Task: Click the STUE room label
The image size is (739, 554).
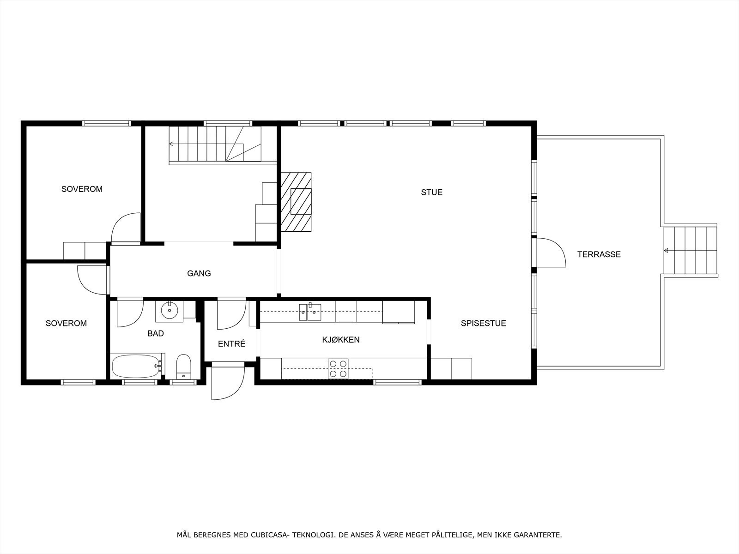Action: tap(431, 193)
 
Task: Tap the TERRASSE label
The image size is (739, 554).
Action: tap(599, 254)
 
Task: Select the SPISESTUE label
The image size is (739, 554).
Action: tap(483, 323)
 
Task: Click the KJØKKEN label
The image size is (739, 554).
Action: tap(341, 340)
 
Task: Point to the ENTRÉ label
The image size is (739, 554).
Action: tap(231, 344)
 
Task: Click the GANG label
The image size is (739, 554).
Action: tap(199, 273)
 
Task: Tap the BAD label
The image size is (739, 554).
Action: tap(156, 333)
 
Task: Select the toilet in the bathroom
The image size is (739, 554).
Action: tap(183, 367)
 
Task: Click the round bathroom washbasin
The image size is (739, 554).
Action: tap(170, 310)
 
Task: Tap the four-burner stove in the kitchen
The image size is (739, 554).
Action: tap(338, 368)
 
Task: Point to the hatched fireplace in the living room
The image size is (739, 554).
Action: tap(296, 202)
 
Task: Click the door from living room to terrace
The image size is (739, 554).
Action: tap(551, 253)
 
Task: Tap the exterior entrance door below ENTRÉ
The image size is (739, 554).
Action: tap(227, 382)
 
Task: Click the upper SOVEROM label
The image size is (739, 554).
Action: tap(82, 189)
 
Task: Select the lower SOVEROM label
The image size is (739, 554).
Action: tap(66, 323)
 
